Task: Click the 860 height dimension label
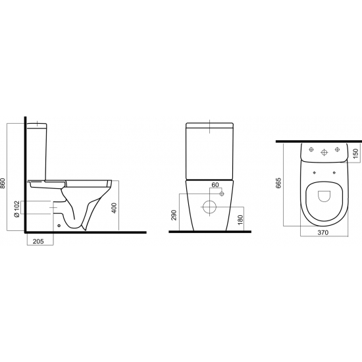pos(3,184)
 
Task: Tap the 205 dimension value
pos(38,242)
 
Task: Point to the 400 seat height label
pos(114,208)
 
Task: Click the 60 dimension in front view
pos(215,185)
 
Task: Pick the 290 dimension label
pos(174,215)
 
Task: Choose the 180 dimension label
pos(240,220)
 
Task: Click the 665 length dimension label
pos(278,183)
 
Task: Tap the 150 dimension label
pos(356,153)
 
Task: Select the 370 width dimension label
pos(323,233)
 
